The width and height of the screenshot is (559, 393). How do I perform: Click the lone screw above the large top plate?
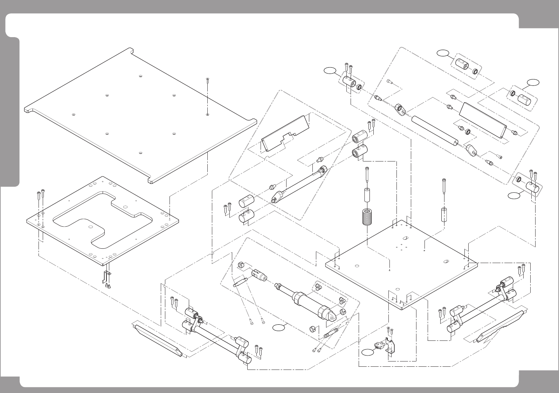tap(208, 80)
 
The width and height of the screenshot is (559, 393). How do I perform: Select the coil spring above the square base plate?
tap(366, 218)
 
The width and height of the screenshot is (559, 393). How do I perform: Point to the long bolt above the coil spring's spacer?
tap(367, 175)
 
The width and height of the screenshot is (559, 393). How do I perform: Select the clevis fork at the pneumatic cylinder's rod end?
tap(259, 275)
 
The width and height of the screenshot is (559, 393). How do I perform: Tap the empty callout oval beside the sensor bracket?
tap(368, 353)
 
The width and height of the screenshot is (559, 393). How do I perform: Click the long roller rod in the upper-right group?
tap(435, 130)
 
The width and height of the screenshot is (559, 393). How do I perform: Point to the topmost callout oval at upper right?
tap(443, 53)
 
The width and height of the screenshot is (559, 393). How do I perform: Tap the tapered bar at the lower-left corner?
tap(158, 339)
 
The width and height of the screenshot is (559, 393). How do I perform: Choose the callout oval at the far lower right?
tap(514, 196)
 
